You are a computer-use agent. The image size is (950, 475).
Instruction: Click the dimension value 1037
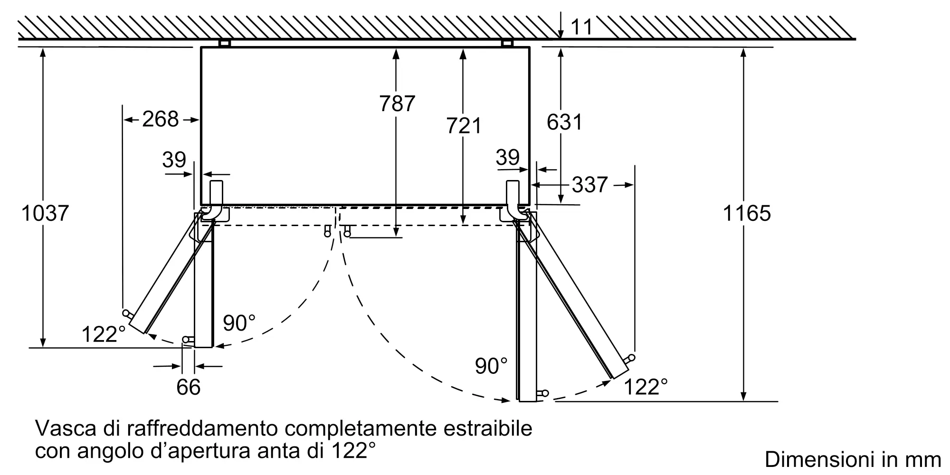tap(45, 213)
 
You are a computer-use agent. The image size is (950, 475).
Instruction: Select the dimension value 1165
tap(747, 213)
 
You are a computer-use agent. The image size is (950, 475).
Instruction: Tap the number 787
tap(397, 104)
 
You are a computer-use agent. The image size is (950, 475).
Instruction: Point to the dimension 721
tap(464, 126)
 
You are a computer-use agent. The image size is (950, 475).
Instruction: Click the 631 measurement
tap(564, 122)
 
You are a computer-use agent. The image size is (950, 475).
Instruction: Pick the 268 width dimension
tap(161, 119)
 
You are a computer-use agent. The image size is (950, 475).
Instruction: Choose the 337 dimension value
tap(589, 185)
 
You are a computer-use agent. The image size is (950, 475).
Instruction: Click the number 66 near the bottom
tap(188, 387)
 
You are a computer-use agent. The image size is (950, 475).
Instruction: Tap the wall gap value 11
tap(581, 27)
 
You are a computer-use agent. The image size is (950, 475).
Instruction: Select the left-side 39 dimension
tap(174, 160)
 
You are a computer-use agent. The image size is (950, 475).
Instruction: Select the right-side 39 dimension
tap(507, 157)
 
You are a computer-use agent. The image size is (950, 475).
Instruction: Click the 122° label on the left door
tap(104, 334)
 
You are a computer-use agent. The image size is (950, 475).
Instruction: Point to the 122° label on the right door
tap(645, 387)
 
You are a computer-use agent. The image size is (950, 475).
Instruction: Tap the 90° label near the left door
tap(239, 323)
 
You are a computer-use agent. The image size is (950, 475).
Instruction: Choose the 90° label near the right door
tap(491, 366)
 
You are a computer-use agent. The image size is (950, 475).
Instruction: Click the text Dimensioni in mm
tap(853, 459)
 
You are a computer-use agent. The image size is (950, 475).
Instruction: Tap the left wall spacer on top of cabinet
tap(224, 43)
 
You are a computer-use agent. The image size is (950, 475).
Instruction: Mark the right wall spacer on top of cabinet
tap(507, 43)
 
